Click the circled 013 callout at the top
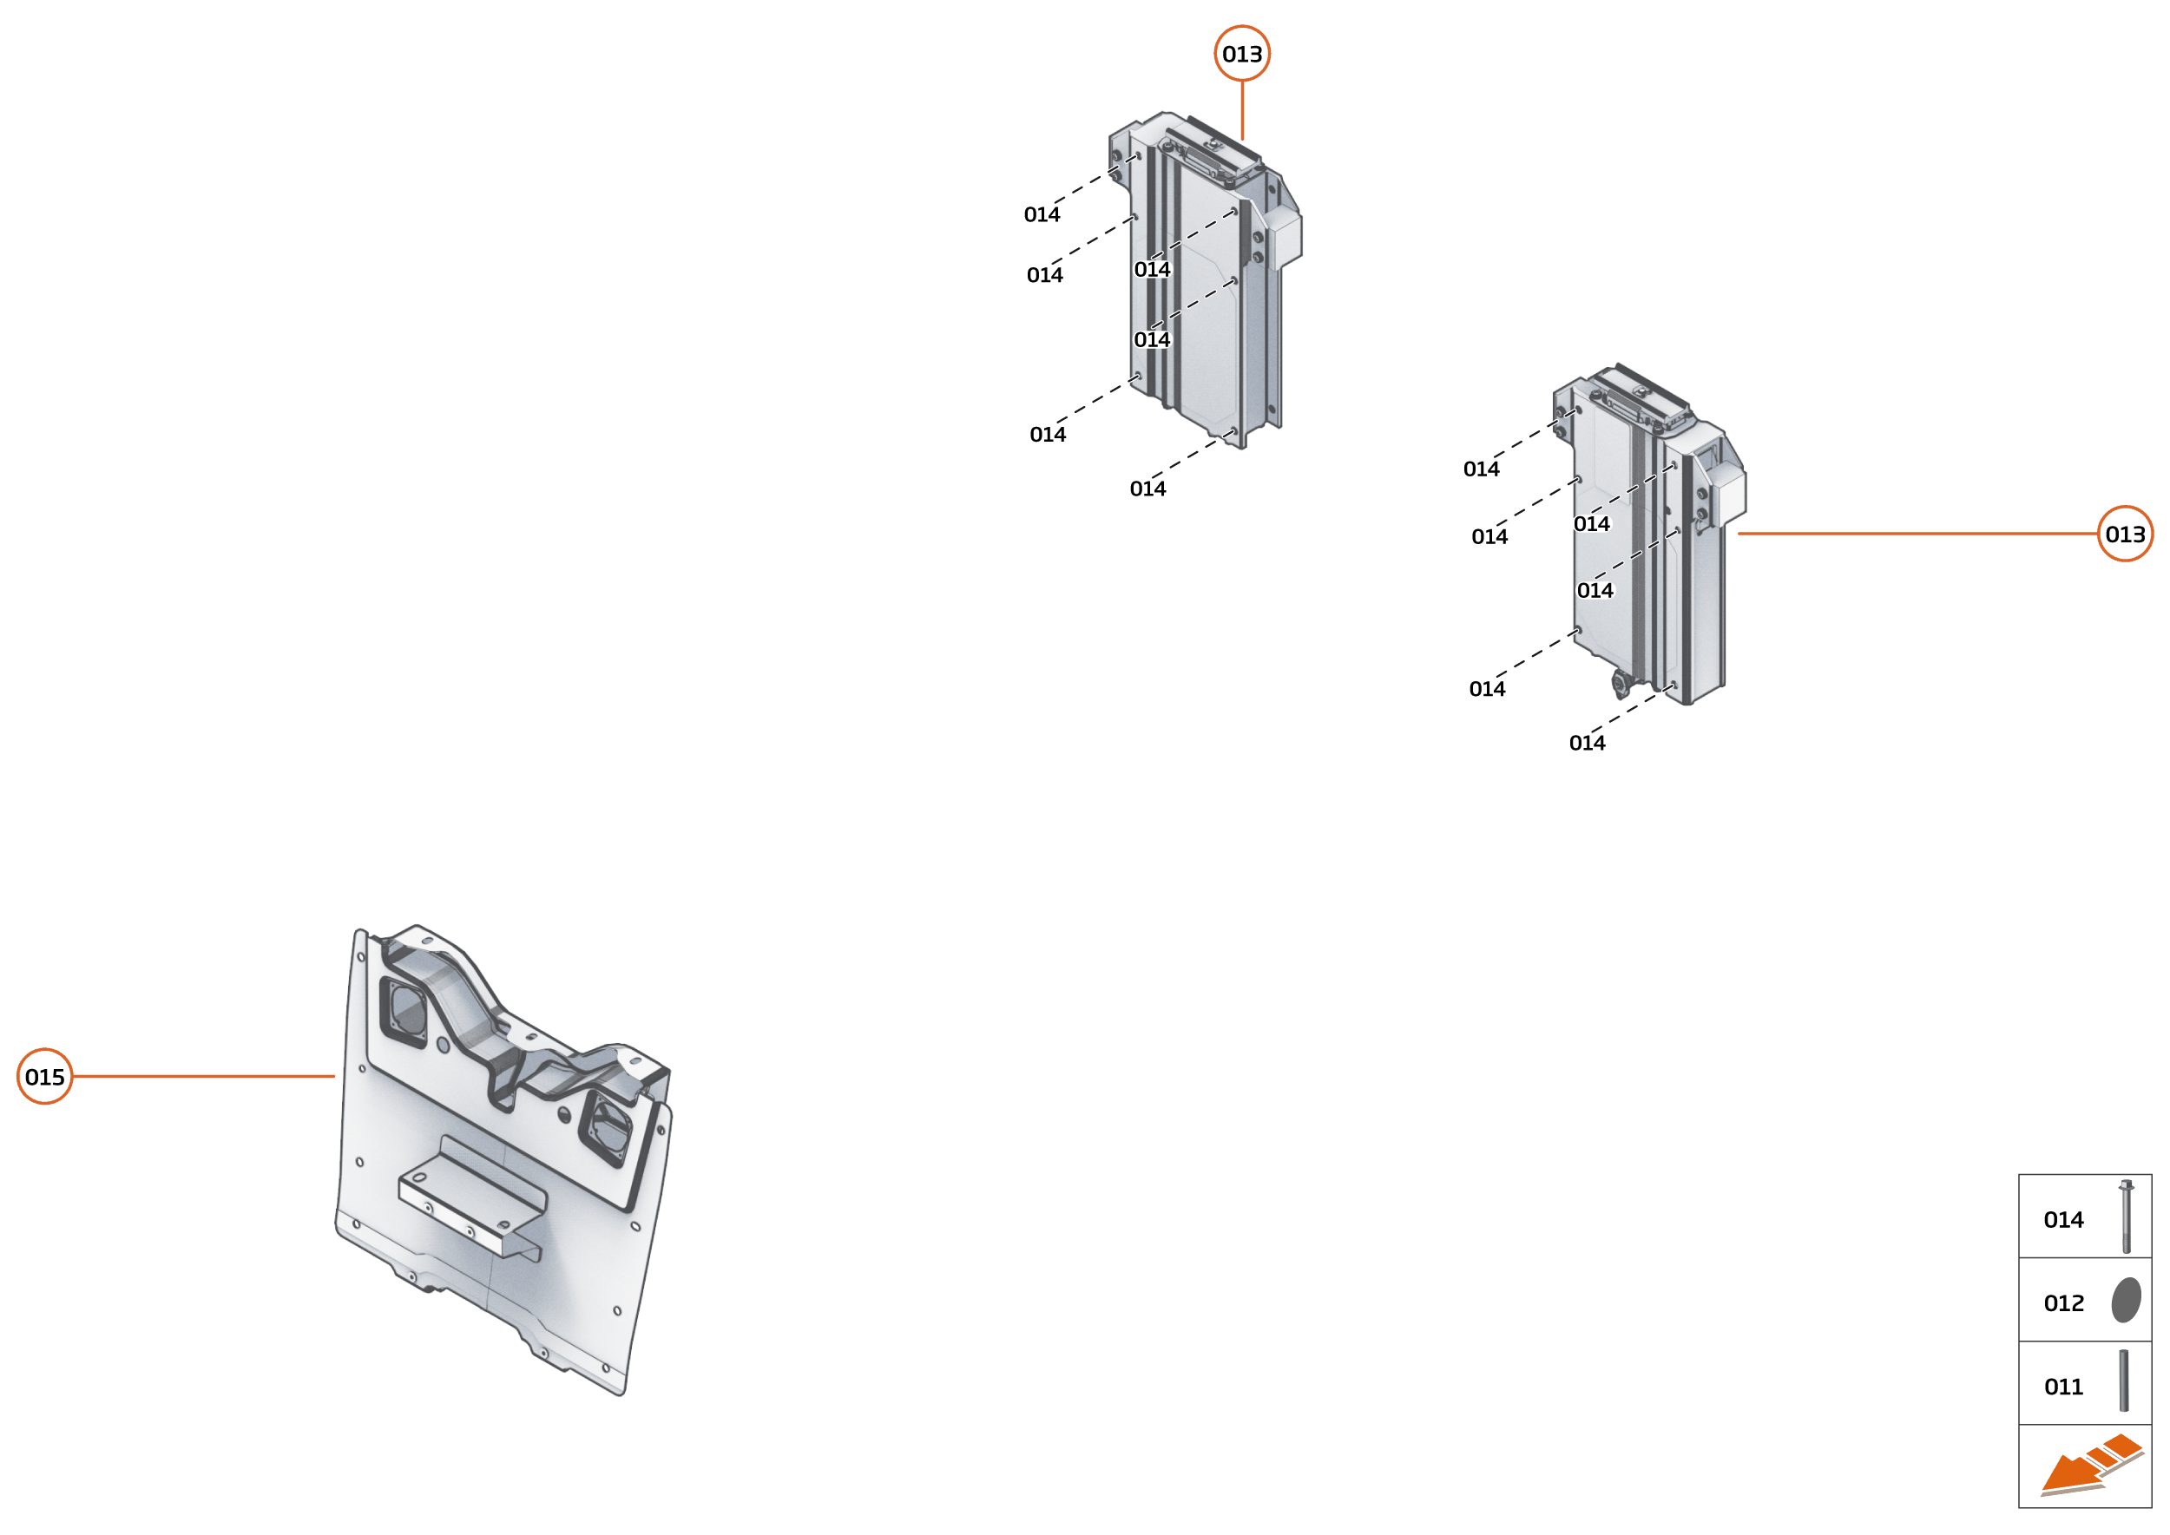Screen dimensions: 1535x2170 coord(1241,54)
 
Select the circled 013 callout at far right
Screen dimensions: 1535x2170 coord(2125,534)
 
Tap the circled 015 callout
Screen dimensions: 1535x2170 coord(44,1077)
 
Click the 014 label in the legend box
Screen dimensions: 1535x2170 coord(2063,1220)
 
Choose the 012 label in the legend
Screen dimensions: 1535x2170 coord(2063,1303)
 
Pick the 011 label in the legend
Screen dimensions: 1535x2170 coord(2063,1387)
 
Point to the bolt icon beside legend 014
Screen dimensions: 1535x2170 coord(2126,1217)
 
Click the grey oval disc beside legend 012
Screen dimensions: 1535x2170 coord(2126,1300)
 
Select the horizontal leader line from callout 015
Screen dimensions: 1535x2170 coord(203,1077)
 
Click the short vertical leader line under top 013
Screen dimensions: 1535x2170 coord(1241,110)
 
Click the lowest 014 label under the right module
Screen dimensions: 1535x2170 coord(1587,744)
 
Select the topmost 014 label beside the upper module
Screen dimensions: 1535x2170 coord(1041,215)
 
